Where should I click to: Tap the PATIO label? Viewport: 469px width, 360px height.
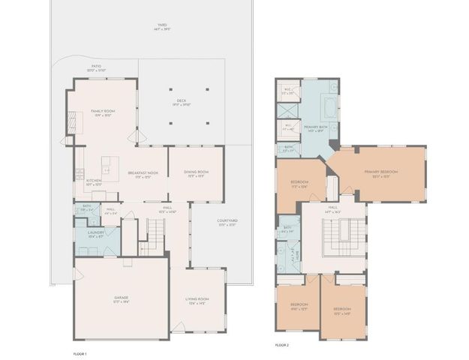tap(96, 67)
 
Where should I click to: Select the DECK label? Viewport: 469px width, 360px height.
tap(181, 101)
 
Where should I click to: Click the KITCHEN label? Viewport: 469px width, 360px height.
tap(94, 181)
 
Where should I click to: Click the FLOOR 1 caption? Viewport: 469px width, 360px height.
tap(80, 353)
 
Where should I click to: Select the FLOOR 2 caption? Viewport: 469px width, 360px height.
tap(281, 344)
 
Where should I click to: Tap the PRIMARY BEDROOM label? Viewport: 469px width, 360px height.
tap(381, 172)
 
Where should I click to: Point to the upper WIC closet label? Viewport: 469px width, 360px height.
tap(287, 91)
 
